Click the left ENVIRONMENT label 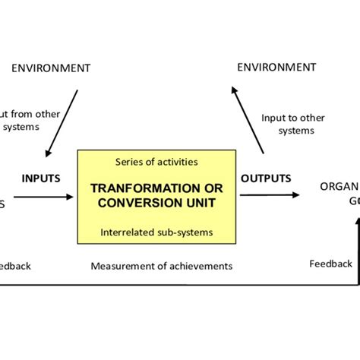[x=51, y=68]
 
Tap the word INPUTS [x=41, y=178]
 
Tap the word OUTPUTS [x=266, y=178]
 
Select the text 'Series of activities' [x=158, y=162]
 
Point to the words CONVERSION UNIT [x=158, y=203]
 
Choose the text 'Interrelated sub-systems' [x=158, y=232]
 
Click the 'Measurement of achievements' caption [x=162, y=267]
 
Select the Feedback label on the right [x=330, y=264]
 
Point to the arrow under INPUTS [x=43, y=197]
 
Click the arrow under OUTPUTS [x=269, y=195]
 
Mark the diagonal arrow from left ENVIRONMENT [x=62, y=122]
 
